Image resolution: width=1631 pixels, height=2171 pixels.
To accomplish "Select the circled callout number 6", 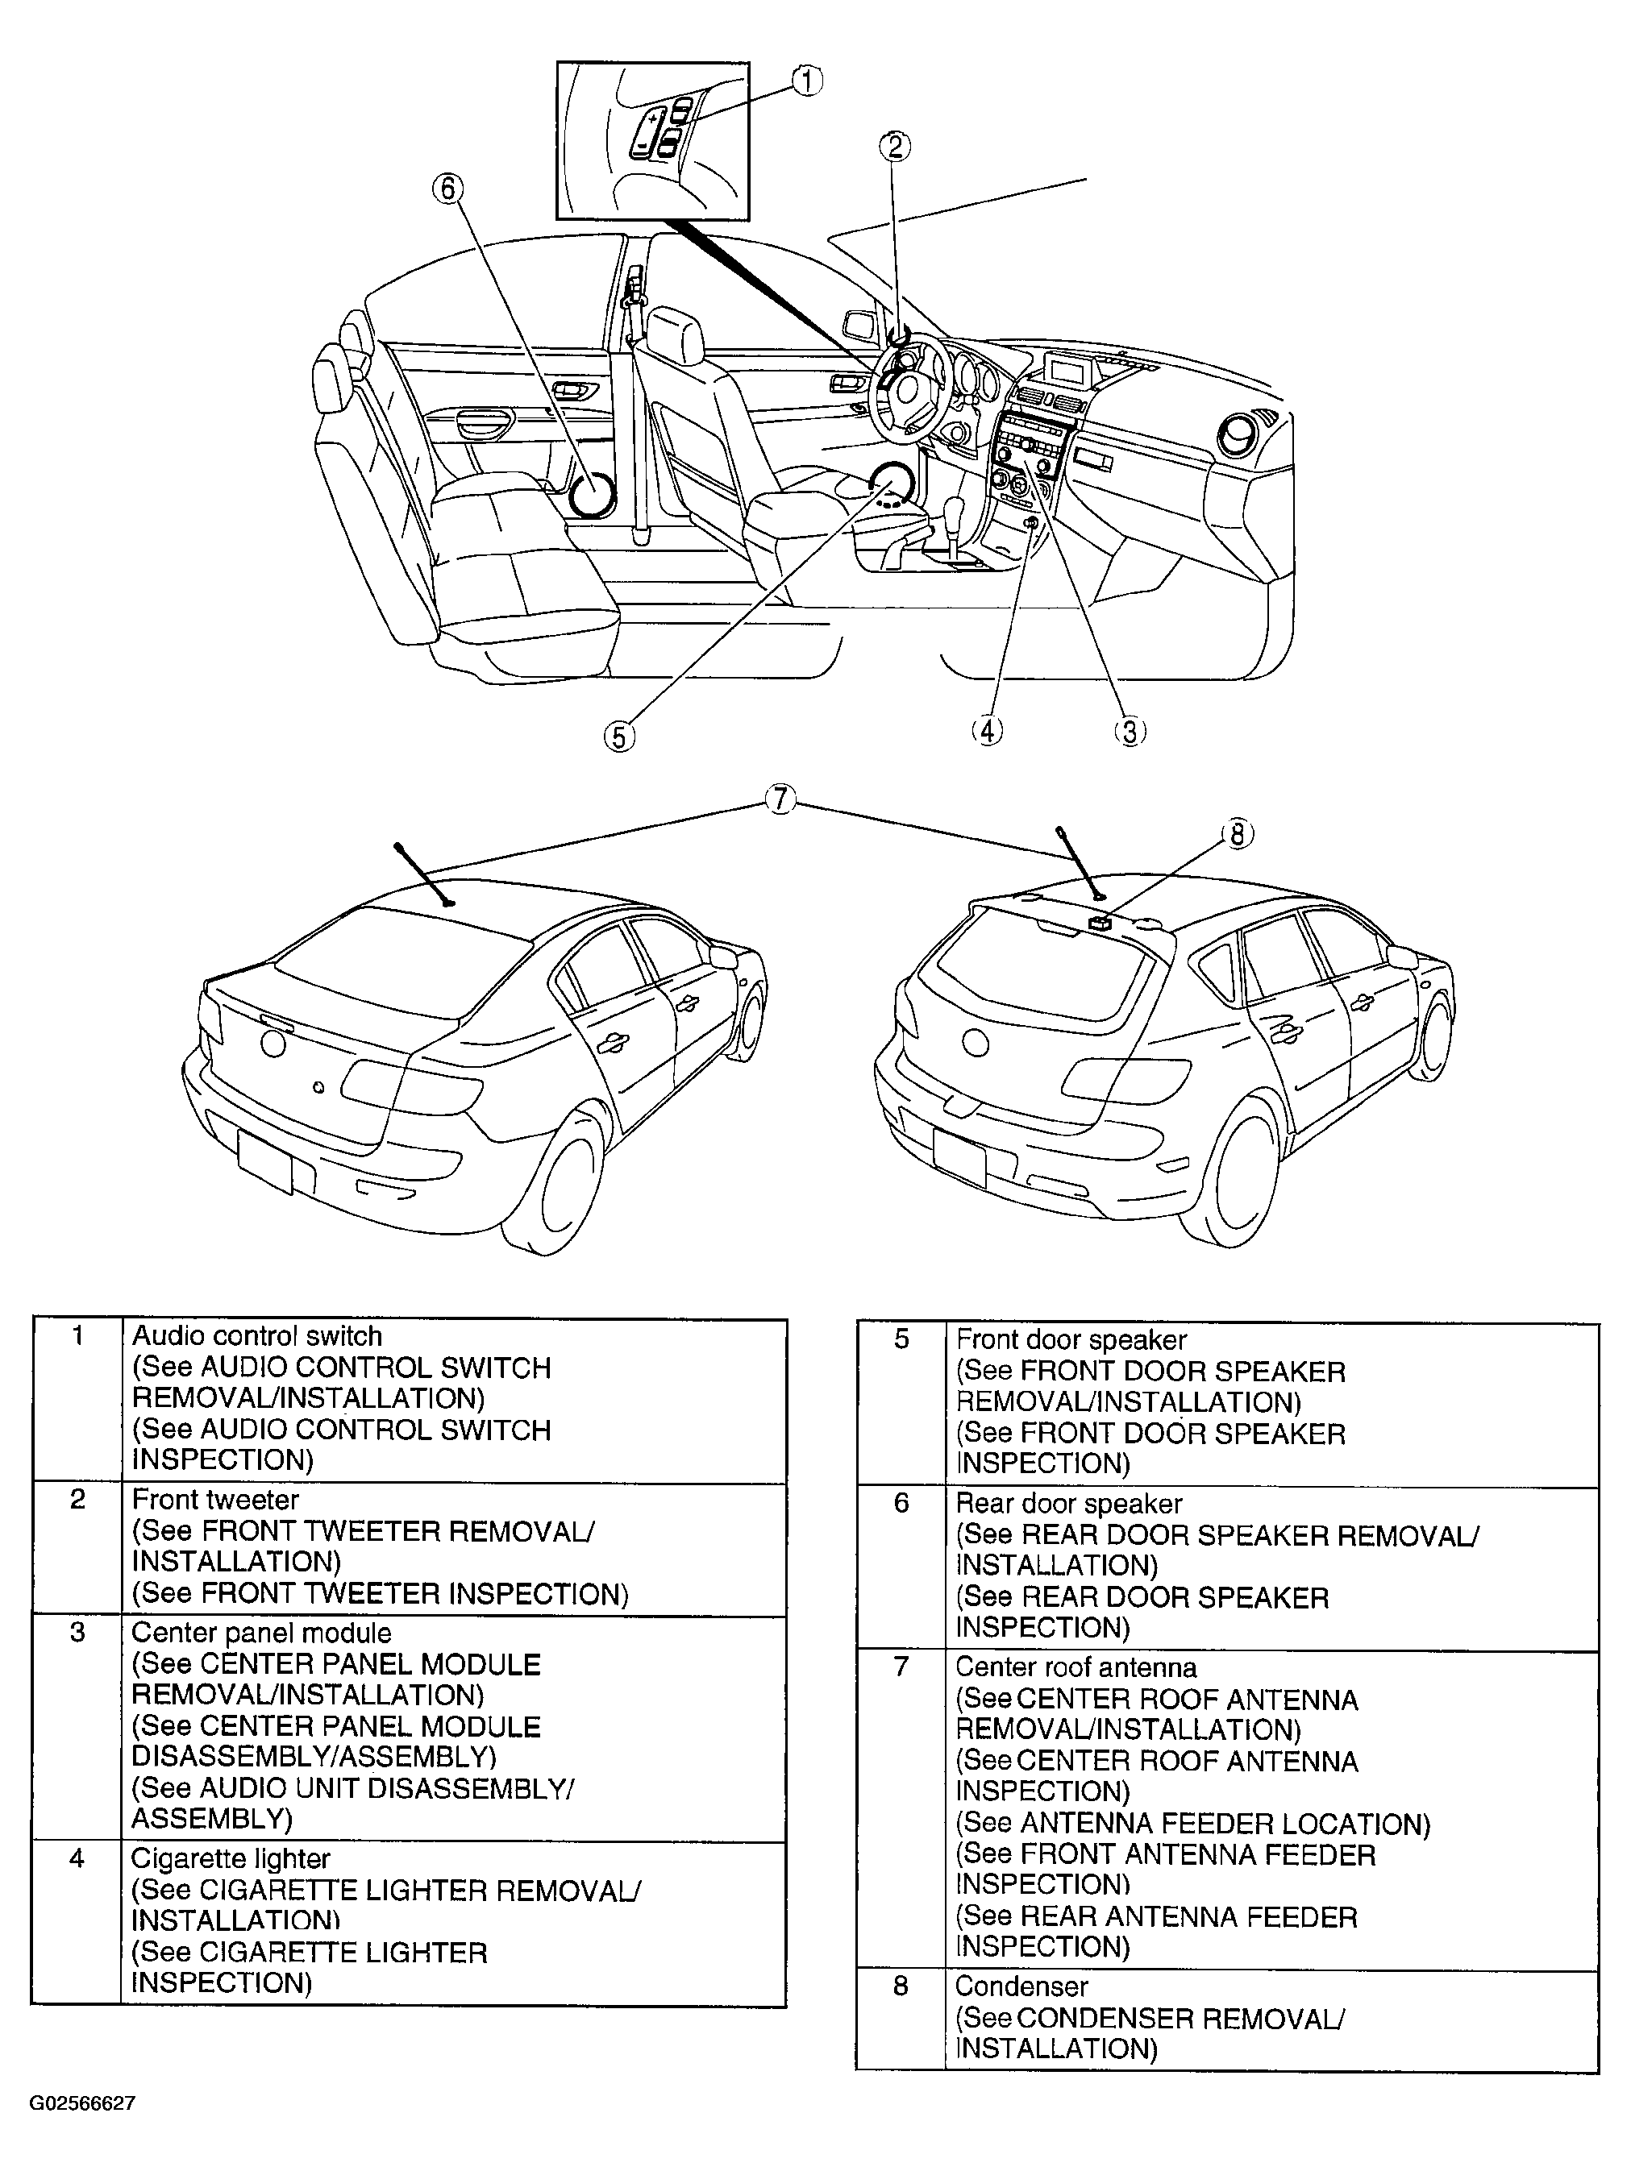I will (x=447, y=189).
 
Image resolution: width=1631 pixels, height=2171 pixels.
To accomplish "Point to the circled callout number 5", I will (x=618, y=736).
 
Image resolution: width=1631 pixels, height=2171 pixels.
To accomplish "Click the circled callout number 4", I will (x=987, y=731).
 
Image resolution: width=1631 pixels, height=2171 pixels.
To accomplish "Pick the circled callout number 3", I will (x=1130, y=731).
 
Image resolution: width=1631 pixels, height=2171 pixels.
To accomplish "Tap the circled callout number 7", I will (x=780, y=800).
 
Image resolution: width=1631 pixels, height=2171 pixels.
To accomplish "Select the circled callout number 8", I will (x=1238, y=834).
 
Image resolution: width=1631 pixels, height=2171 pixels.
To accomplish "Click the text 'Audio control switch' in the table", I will (x=256, y=1336).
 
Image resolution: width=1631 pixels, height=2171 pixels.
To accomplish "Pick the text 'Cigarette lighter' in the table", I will (x=231, y=1859).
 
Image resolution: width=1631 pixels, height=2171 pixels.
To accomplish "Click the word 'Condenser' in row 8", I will (x=1021, y=1986).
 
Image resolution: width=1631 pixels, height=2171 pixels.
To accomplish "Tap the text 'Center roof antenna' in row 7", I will (x=1076, y=1667).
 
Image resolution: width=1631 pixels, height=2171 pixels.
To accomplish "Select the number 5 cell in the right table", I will (x=901, y=1339).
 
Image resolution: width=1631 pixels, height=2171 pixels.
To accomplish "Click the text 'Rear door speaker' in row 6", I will (x=1068, y=1504).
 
